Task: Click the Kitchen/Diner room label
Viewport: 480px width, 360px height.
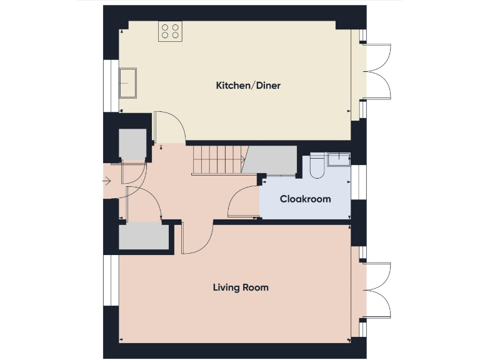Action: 247,85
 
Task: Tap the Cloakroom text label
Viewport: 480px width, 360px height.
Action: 305,199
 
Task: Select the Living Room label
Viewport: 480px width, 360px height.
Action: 241,287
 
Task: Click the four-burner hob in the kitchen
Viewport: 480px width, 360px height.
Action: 170,31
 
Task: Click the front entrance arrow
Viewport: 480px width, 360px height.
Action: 107,182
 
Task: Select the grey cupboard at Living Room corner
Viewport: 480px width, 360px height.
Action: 144,236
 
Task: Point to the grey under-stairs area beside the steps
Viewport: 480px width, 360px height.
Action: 271,161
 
